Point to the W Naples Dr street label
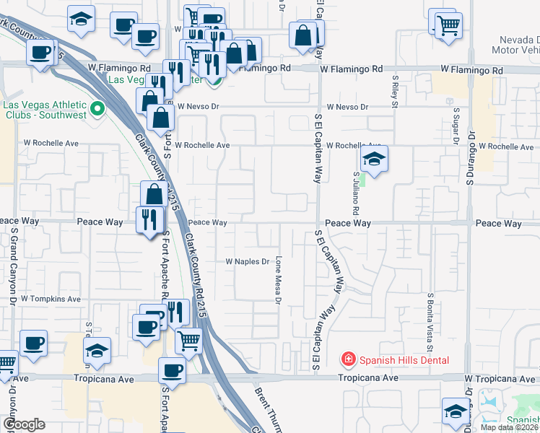[247, 261]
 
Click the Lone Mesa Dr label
[277, 281]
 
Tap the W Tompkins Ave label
[51, 298]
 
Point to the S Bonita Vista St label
[430, 315]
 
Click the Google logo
[23, 424]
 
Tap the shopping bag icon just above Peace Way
[154, 193]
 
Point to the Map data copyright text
[509, 427]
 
